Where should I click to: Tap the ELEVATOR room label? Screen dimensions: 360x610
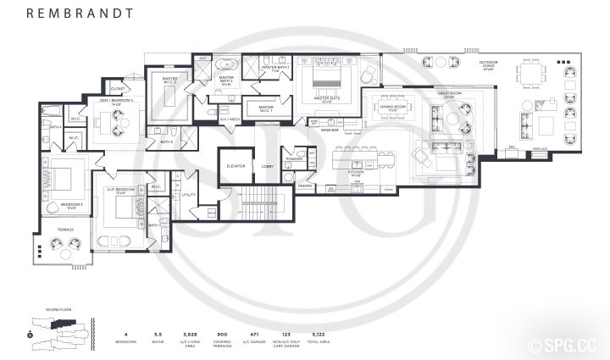(x=235, y=166)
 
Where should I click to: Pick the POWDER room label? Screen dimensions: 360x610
(x=294, y=158)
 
